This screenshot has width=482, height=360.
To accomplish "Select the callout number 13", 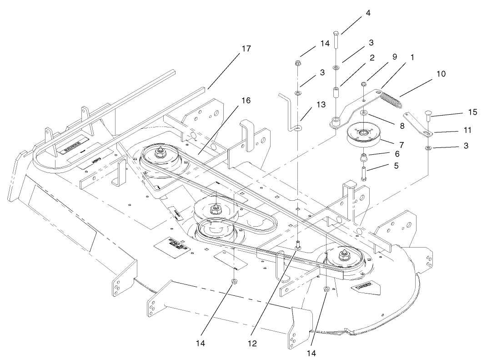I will pos(321,105).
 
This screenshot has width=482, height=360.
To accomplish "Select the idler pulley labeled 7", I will pos(364,136).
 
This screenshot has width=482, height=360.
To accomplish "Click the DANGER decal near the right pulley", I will pos(364,287).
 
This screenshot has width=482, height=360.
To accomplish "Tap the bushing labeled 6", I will pos(363,158).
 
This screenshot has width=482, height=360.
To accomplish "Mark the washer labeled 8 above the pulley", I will pos(364,112).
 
